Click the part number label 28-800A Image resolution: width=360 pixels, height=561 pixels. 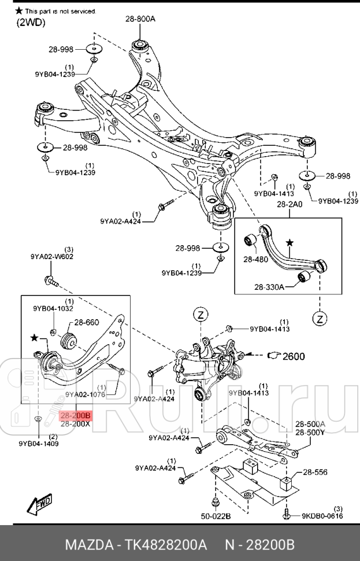point(140,19)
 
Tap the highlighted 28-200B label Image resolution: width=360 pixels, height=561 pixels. point(76,415)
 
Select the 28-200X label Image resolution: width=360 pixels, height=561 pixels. point(76,423)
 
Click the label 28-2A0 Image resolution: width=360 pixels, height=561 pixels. point(290,205)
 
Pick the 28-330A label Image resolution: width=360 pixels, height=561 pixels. point(270,286)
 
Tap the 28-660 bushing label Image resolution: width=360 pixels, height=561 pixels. point(87,322)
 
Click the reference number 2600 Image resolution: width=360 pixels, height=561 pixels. point(293,356)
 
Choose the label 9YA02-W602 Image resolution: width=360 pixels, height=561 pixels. point(52,256)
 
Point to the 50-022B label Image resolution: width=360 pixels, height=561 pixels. point(216,515)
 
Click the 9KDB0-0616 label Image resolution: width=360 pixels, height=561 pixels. point(321,515)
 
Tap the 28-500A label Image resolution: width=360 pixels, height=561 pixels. point(310,423)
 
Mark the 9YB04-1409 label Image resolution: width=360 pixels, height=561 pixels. point(38,444)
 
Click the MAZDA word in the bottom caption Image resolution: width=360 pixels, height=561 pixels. point(87,545)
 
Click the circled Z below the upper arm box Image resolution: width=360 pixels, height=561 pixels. point(320,318)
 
